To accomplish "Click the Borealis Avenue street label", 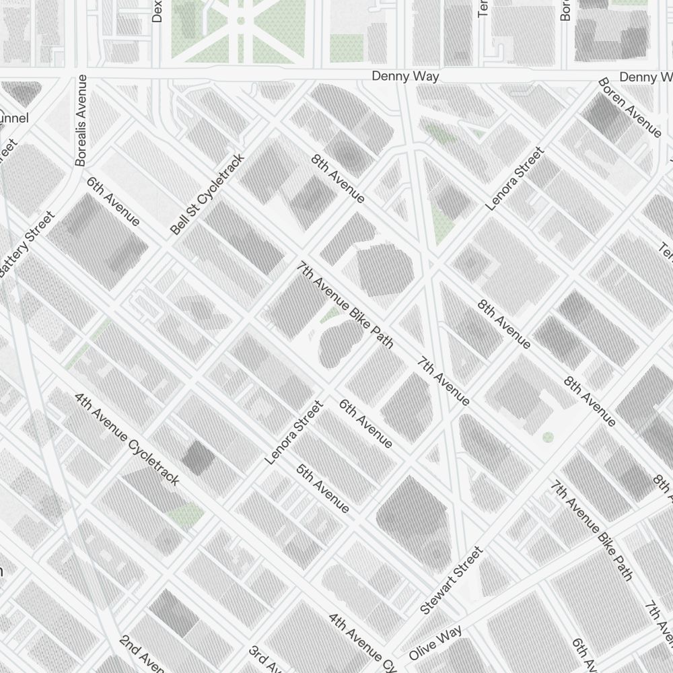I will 81,120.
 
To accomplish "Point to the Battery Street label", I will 27,244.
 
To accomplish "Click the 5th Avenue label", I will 322,488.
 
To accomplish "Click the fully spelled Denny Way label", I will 405,77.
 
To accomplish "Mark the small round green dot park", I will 548,437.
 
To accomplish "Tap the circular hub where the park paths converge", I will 240,21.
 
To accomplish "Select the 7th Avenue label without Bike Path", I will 442,382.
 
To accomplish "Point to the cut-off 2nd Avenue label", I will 141,653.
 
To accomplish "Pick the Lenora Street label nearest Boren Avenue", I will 514,179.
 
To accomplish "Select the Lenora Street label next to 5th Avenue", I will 294,433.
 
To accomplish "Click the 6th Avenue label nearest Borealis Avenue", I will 113,202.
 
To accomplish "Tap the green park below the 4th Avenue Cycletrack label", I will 185,516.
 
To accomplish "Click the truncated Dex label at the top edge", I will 157,11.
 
